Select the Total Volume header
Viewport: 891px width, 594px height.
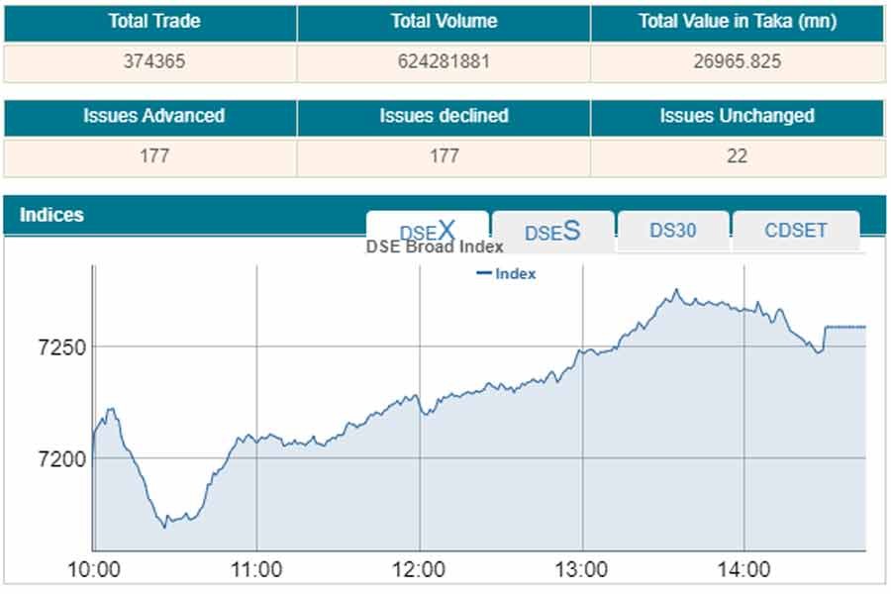(444, 22)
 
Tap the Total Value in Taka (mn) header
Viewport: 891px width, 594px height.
(737, 22)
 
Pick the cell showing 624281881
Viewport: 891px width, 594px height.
(444, 61)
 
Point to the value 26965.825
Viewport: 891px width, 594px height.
(737, 61)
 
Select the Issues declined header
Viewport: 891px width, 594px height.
(444, 116)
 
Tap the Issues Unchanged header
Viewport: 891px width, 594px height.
(737, 116)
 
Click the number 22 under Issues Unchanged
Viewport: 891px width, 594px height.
(737, 156)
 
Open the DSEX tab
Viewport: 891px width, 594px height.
(427, 231)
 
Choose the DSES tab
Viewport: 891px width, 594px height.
(552, 232)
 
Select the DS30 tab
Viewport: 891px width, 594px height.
(673, 231)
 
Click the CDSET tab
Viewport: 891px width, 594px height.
(796, 231)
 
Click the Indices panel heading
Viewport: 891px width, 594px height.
(52, 215)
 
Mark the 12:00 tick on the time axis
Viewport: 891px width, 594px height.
(419, 570)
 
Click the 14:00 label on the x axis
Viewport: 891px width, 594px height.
(743, 570)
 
